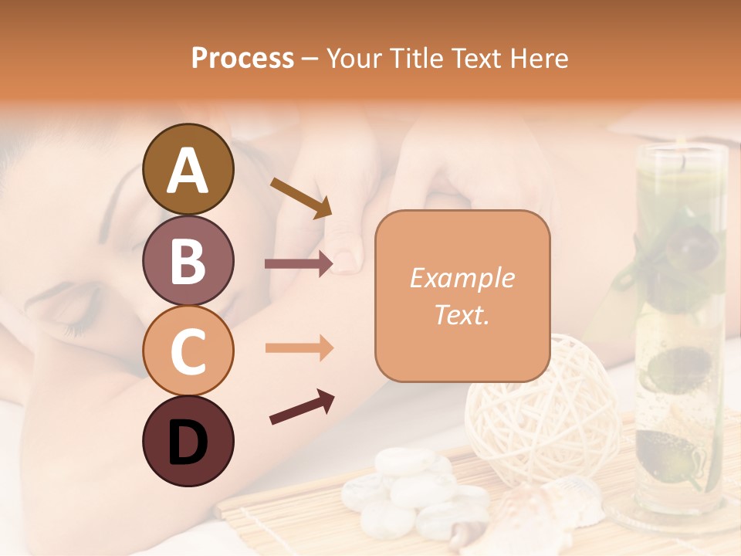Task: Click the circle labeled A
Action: [188, 169]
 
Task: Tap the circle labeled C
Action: [188, 350]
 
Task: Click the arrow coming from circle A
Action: [300, 198]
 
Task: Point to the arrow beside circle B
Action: [299, 264]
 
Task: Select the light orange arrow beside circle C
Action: [299, 348]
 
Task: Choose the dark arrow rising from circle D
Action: [302, 407]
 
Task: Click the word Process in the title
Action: [242, 59]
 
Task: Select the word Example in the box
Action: [462, 278]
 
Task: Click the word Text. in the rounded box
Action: [462, 315]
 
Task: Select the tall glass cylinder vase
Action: [679, 324]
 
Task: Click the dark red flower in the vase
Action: [683, 246]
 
